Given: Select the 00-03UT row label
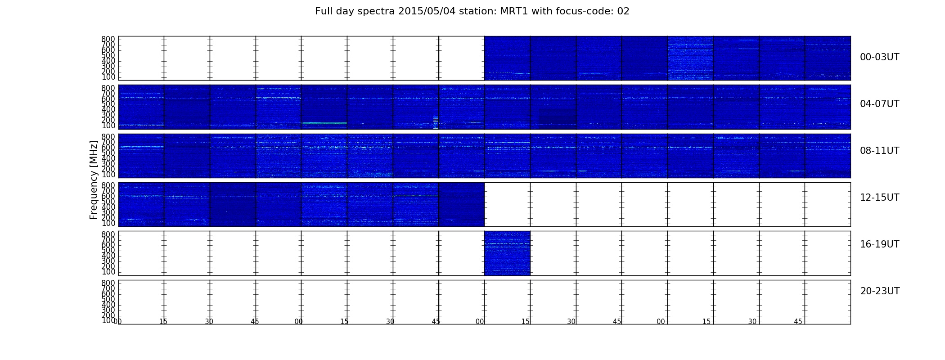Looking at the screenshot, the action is [x=880, y=57].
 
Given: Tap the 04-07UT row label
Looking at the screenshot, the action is [x=880, y=104].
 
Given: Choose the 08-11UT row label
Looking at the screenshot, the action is [x=880, y=151].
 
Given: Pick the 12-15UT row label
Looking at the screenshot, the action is [x=880, y=198].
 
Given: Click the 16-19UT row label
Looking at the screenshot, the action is [x=880, y=244].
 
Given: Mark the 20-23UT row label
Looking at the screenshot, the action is [x=880, y=291].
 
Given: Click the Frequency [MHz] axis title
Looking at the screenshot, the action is [x=94, y=180].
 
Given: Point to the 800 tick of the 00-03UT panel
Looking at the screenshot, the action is [x=108, y=39].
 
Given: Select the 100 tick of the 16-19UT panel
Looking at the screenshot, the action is [x=108, y=272].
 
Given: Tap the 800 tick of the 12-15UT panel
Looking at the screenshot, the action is [x=108, y=185].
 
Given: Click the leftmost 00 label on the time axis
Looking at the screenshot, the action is [x=118, y=322].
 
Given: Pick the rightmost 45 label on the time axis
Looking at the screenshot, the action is [x=798, y=322].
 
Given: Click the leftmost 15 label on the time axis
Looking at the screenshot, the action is [x=163, y=322].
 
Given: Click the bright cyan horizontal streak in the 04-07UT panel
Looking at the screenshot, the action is [x=324, y=123].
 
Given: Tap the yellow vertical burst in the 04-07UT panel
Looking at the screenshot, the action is [x=436, y=122].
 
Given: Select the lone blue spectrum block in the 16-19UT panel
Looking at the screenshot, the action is [x=507, y=253].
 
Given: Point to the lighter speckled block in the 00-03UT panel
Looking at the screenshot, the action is [x=690, y=58].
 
